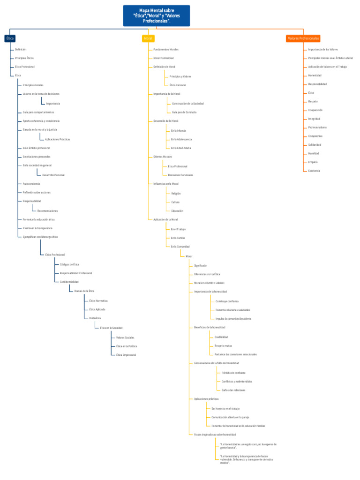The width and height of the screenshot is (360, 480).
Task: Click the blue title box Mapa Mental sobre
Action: point(157,16)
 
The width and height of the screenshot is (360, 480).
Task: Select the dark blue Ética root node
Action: point(10,38)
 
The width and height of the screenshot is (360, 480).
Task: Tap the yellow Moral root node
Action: point(148,38)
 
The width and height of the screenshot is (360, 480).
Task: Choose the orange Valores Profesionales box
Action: point(303,38)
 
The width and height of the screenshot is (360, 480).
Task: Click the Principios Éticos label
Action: point(24,58)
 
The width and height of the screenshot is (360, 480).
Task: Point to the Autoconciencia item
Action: point(31,184)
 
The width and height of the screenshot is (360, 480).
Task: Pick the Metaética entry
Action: point(95,318)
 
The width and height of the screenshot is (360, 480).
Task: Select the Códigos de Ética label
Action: point(69,264)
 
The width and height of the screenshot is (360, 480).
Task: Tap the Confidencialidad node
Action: point(69,282)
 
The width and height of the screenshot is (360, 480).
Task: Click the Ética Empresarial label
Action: point(126,355)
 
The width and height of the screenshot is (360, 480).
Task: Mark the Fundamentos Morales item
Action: point(166,49)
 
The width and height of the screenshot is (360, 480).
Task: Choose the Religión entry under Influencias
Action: point(176,193)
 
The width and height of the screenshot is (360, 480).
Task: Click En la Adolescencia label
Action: point(181,139)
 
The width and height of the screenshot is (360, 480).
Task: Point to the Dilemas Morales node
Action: point(163,157)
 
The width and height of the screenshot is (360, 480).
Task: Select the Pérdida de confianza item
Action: point(233,373)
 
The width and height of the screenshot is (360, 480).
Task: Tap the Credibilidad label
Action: point(221,337)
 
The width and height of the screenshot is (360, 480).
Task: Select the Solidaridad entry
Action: point(315,145)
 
